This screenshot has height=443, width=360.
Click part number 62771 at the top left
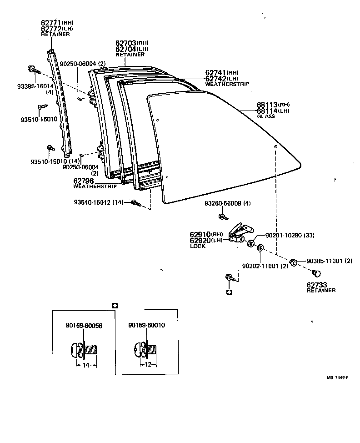click(51, 22)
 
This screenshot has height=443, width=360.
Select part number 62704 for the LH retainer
click(126, 49)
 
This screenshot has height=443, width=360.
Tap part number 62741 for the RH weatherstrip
click(215, 73)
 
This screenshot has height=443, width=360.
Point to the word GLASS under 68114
click(266, 116)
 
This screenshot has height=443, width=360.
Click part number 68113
click(267, 105)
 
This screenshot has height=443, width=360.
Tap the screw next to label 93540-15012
click(135, 203)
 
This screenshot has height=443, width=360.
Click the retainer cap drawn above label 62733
click(317, 273)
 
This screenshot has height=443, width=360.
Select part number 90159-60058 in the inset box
click(85, 325)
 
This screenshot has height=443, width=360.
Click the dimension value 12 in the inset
click(148, 365)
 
